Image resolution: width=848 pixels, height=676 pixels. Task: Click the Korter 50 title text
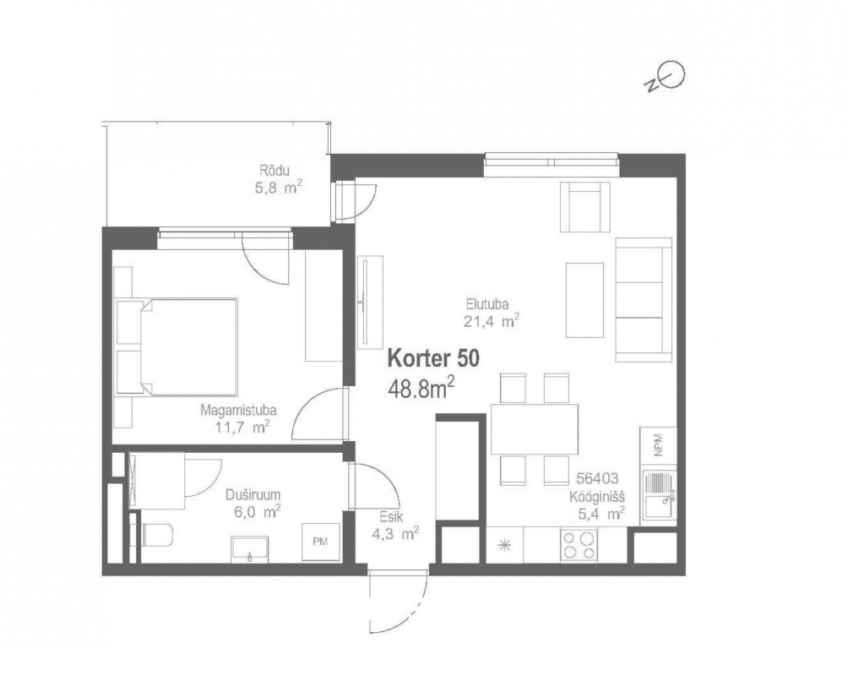click(x=433, y=359)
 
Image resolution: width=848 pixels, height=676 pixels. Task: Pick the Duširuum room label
click(x=253, y=495)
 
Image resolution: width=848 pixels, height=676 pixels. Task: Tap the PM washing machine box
click(x=320, y=542)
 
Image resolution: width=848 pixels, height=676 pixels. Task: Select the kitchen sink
click(x=659, y=499)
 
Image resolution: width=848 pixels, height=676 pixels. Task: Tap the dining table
click(x=535, y=429)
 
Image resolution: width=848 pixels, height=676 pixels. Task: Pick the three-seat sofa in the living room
click(x=644, y=299)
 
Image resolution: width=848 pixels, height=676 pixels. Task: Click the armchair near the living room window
click(x=585, y=206)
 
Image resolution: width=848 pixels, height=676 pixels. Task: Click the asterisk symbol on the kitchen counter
click(x=505, y=545)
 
